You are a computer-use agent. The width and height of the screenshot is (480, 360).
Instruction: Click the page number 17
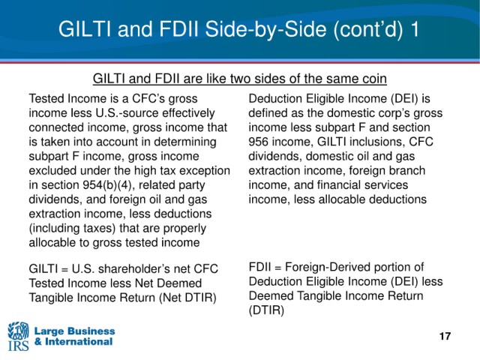(x=445, y=336)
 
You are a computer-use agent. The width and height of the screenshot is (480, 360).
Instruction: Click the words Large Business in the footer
(x=75, y=331)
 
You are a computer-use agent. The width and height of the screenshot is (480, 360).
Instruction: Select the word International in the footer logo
(x=79, y=341)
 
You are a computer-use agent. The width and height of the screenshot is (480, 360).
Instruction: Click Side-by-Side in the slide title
(x=265, y=29)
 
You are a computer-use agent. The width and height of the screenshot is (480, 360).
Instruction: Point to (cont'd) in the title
(x=367, y=30)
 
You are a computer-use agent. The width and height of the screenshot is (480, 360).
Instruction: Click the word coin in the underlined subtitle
(x=374, y=79)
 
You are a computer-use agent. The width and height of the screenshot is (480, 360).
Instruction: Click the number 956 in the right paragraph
(x=258, y=142)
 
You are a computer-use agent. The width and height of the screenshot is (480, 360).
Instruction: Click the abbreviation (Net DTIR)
(x=187, y=298)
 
